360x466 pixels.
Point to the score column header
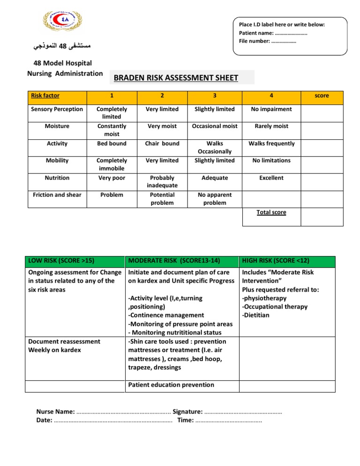click(322, 96)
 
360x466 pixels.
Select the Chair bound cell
click(162, 143)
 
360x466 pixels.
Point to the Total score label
click(271, 212)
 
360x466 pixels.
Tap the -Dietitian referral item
click(256, 315)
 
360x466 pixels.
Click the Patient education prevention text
click(171, 385)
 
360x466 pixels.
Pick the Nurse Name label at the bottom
click(55, 412)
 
